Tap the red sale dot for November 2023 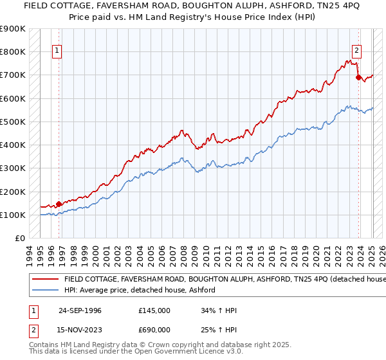click(358, 77)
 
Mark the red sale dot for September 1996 click(59, 204)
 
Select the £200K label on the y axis click(13, 192)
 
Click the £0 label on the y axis click(19, 239)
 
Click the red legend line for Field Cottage click(44, 280)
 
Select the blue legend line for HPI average click(44, 290)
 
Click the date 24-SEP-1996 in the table click(80, 310)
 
